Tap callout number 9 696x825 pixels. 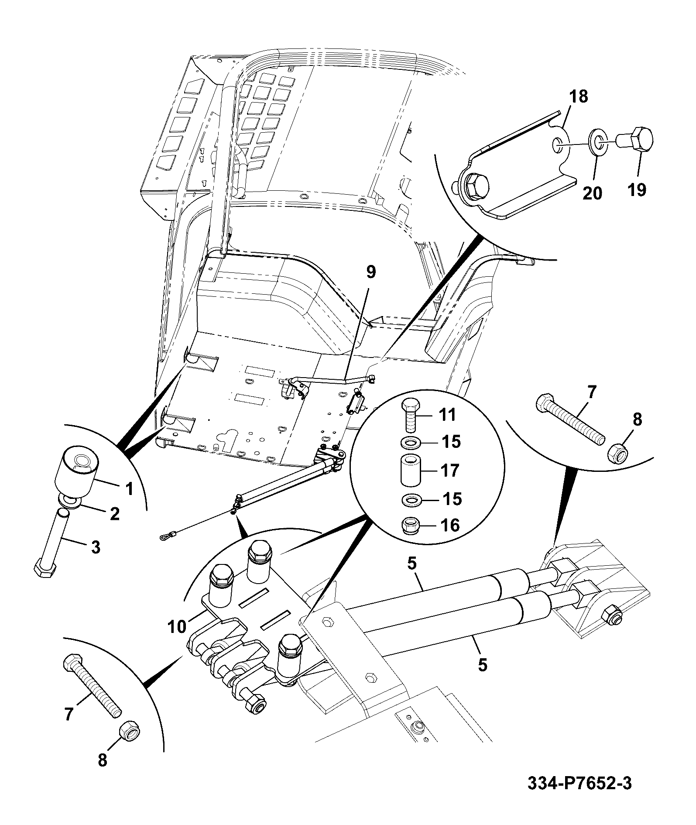[370, 272]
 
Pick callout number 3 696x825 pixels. [95, 547]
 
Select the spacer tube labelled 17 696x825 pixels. [409, 471]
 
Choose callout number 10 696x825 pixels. [177, 626]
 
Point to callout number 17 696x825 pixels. [450, 471]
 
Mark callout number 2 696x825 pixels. [114, 514]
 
